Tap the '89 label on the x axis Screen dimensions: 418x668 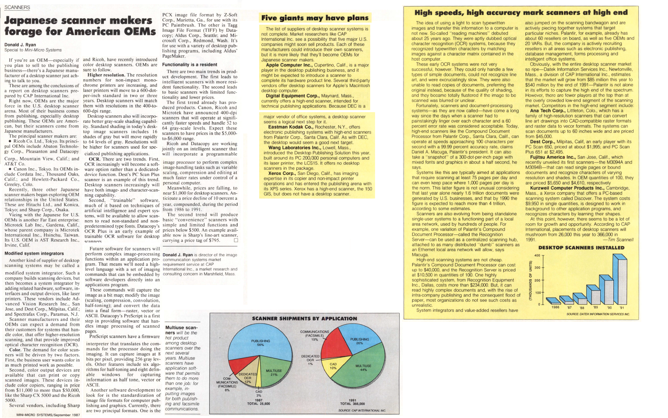pos(595,307)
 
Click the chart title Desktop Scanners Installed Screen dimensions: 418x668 pos(581,248)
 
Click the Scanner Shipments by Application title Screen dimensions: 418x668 pos(304,318)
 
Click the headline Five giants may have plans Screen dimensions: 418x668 pos(315,18)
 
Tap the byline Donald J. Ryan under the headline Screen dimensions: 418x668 pos(20,45)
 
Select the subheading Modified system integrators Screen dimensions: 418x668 pos(34,253)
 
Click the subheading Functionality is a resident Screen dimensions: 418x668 pos(190,64)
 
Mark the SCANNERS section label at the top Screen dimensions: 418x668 pos(17,7)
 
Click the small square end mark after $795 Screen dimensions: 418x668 pos(236,240)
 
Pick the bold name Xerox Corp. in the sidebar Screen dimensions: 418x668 pos(281,173)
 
